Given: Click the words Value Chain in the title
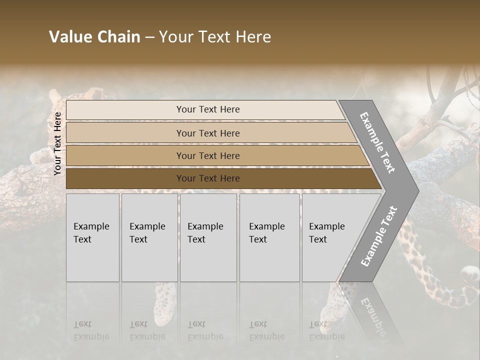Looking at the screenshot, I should pos(94,37).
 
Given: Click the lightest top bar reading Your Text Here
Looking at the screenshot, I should pos(207,109).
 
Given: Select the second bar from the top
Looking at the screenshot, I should pos(207,133).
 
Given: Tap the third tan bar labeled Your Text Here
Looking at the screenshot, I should pos(207,156).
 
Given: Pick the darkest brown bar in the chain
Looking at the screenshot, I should pos(207,178).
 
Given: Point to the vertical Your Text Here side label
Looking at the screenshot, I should pos(58,144).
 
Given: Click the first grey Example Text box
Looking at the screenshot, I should pos(92,237).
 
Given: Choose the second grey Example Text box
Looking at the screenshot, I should pos(149,237).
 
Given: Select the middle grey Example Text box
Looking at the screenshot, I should pos(208,237).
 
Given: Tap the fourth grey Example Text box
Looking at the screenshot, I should pos(269,237).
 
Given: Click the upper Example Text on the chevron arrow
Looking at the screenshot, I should pos(377,142).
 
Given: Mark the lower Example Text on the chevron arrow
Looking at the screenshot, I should pos(378,236).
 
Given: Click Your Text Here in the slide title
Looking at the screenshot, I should pos(215,37).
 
